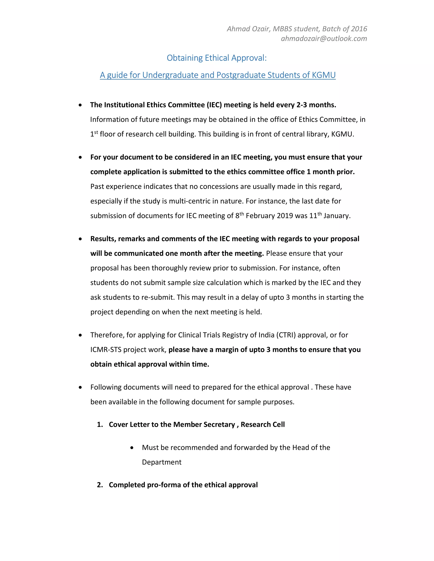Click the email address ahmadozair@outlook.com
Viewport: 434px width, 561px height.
tap(324, 39)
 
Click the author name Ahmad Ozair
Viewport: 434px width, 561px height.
tap(248, 29)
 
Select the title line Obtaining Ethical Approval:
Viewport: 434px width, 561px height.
tap(217, 58)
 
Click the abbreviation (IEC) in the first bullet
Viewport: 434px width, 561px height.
tap(214, 105)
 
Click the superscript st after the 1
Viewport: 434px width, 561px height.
tap(96, 133)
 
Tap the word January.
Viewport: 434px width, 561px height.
tap(337, 216)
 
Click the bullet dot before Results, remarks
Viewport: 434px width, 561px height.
tap(81, 239)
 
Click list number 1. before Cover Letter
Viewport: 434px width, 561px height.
tap(100, 425)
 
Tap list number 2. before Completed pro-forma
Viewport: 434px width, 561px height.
tap(100, 485)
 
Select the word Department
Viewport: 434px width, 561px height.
tap(161, 462)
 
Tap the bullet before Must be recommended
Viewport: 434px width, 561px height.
tap(132, 448)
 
